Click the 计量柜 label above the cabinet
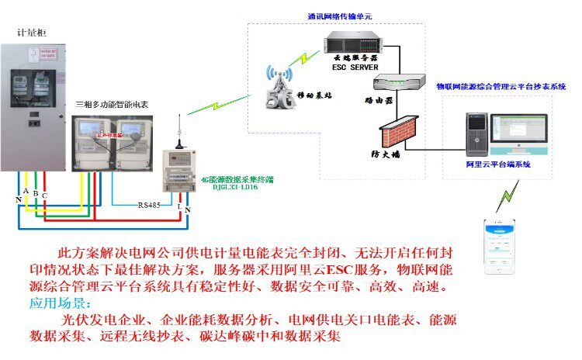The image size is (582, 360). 32,33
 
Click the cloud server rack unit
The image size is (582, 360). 352,43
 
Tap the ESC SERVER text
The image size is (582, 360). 352,67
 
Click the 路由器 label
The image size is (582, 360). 377,100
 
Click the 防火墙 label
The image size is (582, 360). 386,154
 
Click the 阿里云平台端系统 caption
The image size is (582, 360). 497,164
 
